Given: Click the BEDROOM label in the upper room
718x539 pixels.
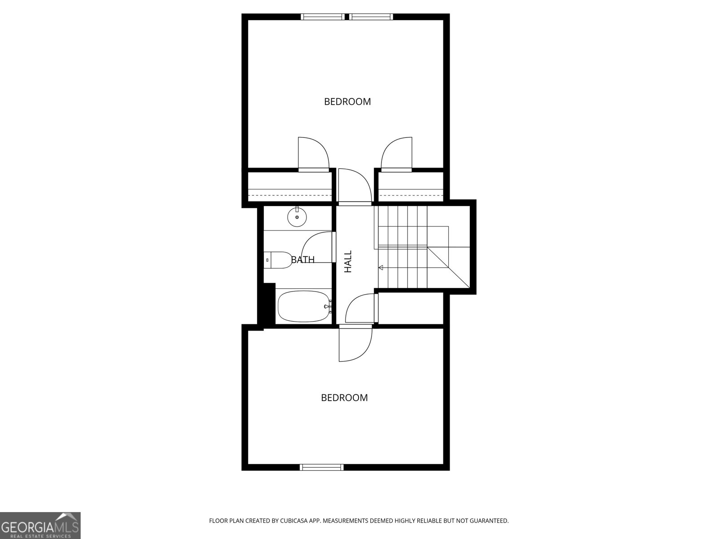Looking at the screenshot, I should click(347, 102).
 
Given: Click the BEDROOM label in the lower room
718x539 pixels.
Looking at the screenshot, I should click(344, 398).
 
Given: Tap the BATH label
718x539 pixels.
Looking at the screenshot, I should click(303, 260).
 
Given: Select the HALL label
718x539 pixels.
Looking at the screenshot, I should click(348, 261).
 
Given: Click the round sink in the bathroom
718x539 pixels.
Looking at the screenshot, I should click(297, 218).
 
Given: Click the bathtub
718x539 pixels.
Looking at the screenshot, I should click(303, 306).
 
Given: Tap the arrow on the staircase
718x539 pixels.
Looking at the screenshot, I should click(381, 268).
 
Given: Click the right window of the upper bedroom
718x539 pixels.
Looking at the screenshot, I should click(371, 17).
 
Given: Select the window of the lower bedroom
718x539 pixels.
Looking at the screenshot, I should click(322, 467).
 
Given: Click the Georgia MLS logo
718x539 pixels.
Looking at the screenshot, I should click(40, 525).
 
